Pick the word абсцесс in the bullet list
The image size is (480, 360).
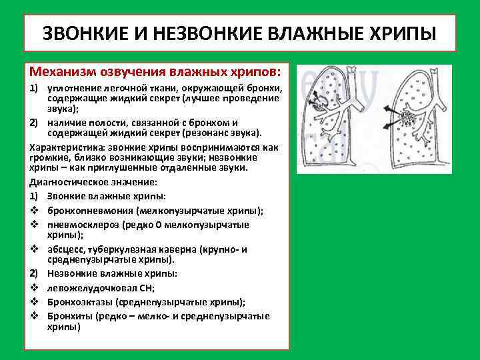pos(67,249)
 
